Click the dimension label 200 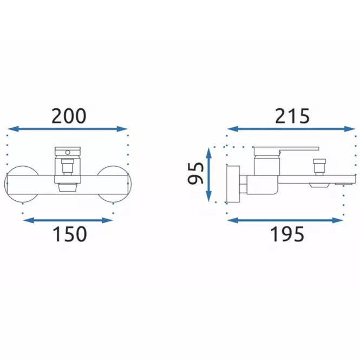(x=69, y=116)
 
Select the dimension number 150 (x=70, y=234)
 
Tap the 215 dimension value (x=292, y=116)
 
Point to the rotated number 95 (x=195, y=173)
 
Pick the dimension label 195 (x=287, y=234)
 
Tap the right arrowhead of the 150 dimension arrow (x=107, y=220)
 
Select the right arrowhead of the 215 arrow (x=350, y=129)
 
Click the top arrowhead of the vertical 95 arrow (x=209, y=153)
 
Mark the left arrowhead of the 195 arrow (x=233, y=220)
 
